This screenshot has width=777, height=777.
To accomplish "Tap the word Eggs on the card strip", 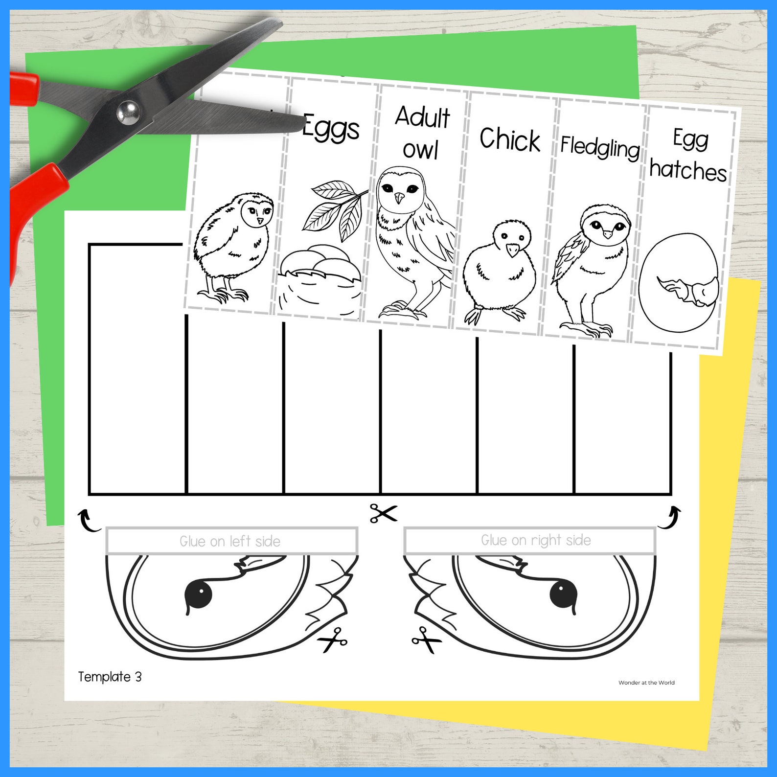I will (x=331, y=129).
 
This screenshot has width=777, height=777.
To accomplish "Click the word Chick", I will (x=510, y=139).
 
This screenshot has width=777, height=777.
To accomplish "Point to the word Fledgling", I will (x=600, y=147).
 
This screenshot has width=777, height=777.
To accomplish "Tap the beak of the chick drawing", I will (x=513, y=250).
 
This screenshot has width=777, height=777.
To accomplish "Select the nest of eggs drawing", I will (x=320, y=279).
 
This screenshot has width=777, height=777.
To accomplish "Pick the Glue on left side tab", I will (x=231, y=541).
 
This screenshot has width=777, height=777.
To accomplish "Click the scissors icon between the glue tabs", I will (x=383, y=513).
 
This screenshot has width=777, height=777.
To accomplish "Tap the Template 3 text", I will (x=110, y=677).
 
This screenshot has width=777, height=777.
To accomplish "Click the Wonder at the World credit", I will (x=646, y=683).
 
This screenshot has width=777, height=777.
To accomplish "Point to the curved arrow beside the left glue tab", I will (x=88, y=520).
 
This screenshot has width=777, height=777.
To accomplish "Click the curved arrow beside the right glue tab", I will (x=670, y=518).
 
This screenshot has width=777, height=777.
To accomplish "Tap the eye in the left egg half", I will (x=199, y=594).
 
